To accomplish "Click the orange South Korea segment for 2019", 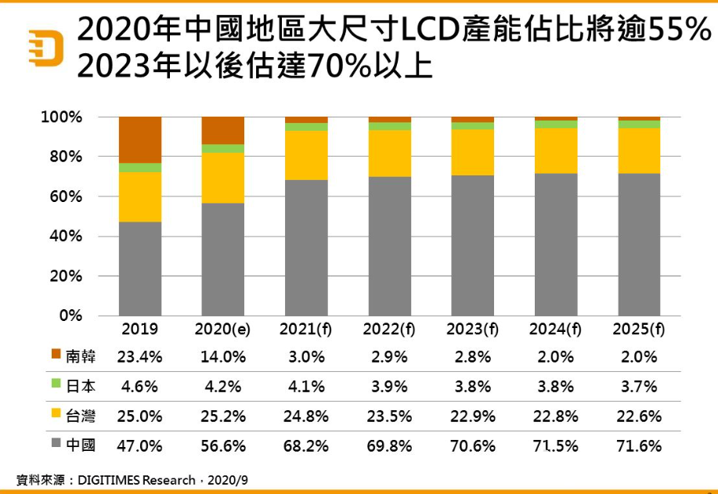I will click(140, 139).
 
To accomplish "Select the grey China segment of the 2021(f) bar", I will click(306, 247).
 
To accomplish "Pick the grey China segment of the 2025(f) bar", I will click(639, 244).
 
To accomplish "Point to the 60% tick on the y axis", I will click(62, 197).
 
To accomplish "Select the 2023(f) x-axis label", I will click(472, 330).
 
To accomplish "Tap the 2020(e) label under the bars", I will click(222, 330).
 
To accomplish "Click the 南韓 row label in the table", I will click(81, 356).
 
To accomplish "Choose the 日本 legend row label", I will click(81, 386).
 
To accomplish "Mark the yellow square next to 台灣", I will click(56, 416).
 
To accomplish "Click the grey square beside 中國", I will click(56, 445).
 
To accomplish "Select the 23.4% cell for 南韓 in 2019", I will click(139, 357).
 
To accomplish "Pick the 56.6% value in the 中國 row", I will click(223, 446).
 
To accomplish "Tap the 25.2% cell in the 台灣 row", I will click(223, 416).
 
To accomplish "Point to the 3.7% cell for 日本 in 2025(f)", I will click(639, 387).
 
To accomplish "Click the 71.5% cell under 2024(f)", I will click(556, 446).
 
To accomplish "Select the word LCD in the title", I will click(428, 31).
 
